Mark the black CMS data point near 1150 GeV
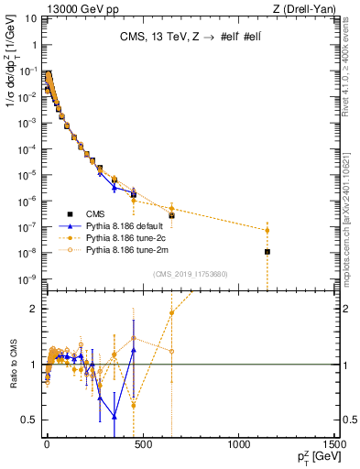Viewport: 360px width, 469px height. [x=267, y=251]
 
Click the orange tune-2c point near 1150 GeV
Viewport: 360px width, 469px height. [x=267, y=230]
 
